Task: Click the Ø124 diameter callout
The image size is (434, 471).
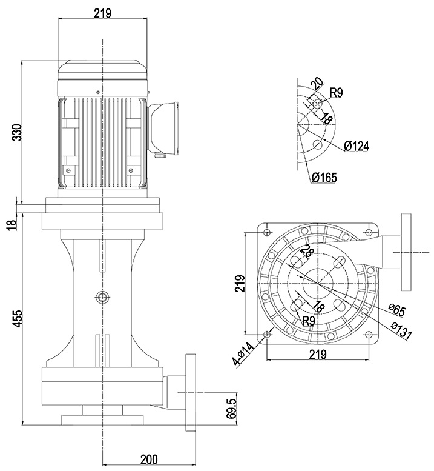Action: click(x=356, y=146)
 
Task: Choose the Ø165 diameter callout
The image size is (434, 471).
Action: click(x=324, y=178)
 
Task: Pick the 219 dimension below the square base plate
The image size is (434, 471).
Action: click(x=318, y=354)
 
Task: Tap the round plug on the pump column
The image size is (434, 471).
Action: click(x=101, y=296)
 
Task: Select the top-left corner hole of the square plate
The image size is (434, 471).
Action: click(x=268, y=231)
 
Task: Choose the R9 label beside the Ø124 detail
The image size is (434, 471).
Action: click(x=337, y=93)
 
